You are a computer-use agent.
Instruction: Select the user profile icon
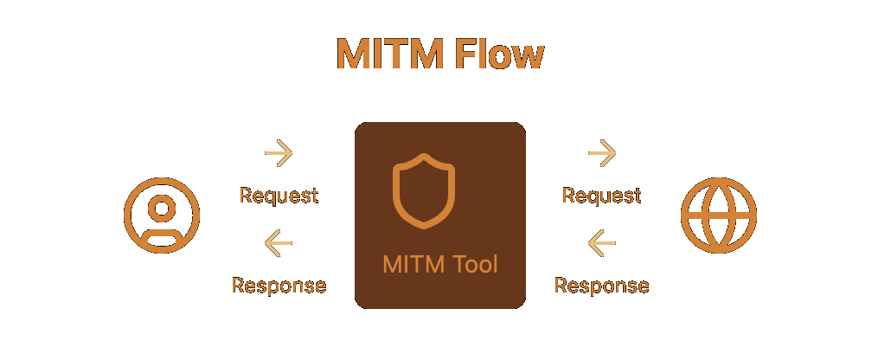[162, 215]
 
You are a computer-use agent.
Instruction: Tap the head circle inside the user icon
[162, 208]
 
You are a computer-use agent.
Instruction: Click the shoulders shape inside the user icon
[162, 240]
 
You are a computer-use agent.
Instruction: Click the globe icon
[719, 215]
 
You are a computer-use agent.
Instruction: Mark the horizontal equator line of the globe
[719, 215]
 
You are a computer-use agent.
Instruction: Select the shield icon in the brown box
[424, 190]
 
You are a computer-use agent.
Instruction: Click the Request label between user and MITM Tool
[279, 196]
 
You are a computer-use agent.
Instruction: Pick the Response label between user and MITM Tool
[279, 286]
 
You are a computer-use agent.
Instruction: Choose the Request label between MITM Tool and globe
[601, 196]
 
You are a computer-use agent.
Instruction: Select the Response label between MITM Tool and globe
[601, 286]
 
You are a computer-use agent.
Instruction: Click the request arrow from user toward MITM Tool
[279, 153]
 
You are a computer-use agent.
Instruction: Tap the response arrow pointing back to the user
[279, 243]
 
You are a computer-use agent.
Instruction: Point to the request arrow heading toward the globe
[601, 153]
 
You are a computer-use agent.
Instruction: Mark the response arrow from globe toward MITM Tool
[601, 243]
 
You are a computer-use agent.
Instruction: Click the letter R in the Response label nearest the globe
[561, 286]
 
